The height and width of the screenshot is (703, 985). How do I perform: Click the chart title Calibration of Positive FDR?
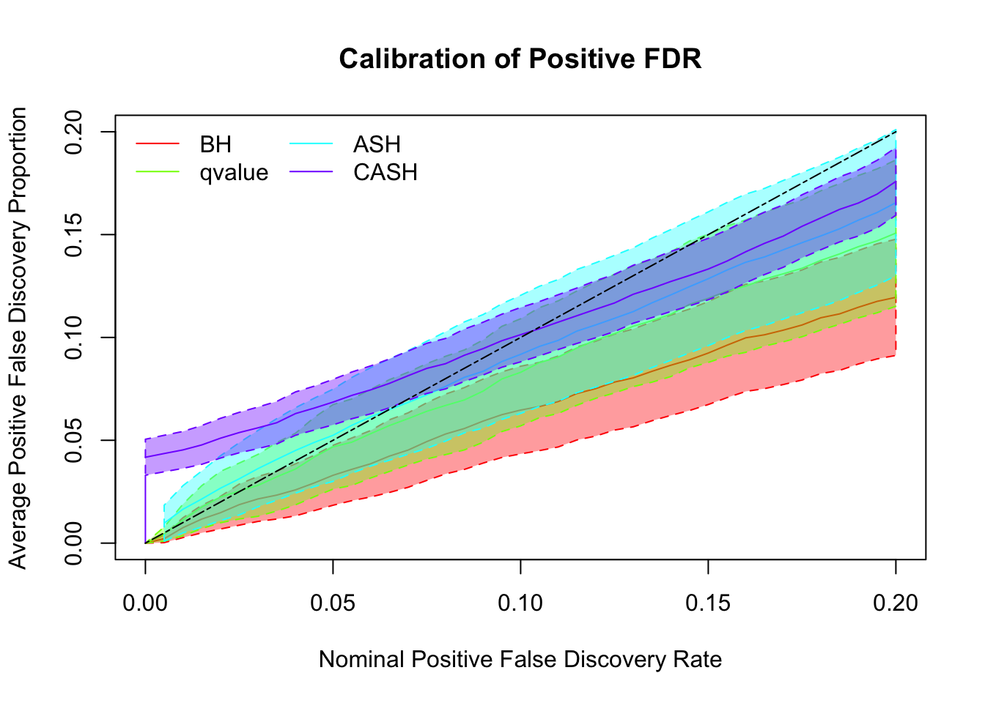click(520, 59)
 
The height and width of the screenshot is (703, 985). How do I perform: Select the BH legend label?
click(215, 144)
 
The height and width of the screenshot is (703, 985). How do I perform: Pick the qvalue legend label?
click(234, 173)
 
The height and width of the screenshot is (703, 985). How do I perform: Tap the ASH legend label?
click(377, 144)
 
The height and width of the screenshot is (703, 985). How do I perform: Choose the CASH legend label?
click(385, 173)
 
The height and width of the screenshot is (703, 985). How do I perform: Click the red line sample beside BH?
click(157, 144)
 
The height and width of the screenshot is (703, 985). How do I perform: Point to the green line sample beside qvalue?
click(157, 173)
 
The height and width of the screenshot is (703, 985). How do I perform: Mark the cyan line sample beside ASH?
click(311, 144)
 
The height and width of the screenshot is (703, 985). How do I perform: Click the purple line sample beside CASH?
click(311, 173)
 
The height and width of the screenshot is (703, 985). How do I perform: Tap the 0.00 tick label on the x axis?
click(145, 603)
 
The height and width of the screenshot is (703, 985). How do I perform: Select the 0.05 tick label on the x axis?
click(333, 603)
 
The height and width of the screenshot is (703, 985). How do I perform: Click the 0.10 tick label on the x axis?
click(520, 603)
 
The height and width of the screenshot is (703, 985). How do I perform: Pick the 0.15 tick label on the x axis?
click(708, 603)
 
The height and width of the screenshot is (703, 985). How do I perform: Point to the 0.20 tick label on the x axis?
click(896, 603)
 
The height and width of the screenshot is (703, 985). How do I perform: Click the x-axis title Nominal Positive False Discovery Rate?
click(520, 660)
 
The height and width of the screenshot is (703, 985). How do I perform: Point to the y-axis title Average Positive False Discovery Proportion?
click(18, 338)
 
